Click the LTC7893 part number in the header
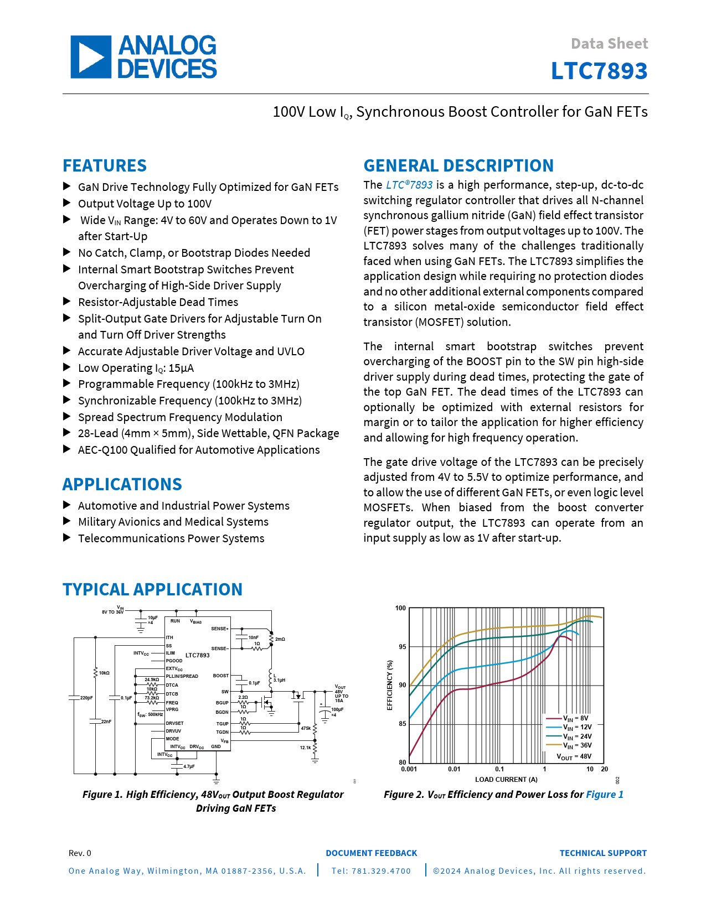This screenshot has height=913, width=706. click(599, 71)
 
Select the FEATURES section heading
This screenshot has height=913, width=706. click(105, 165)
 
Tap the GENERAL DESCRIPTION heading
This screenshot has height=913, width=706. click(458, 165)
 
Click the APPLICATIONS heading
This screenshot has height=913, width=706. click(122, 484)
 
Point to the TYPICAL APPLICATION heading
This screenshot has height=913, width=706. click(152, 589)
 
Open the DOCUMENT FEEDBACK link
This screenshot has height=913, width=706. click(372, 853)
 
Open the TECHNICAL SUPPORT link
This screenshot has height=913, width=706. click(603, 853)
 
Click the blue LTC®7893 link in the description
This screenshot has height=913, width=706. click(409, 185)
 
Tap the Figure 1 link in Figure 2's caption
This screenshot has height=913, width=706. click(605, 795)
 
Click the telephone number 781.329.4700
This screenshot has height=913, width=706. click(372, 871)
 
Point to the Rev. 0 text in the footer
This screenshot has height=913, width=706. click(80, 853)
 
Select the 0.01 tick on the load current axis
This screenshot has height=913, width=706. click(454, 769)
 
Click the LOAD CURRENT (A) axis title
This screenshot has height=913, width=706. click(506, 780)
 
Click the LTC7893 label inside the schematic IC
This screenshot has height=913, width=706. click(198, 655)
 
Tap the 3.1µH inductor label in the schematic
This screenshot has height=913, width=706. click(280, 680)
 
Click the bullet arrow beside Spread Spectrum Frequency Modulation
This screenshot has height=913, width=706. click(67, 417)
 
